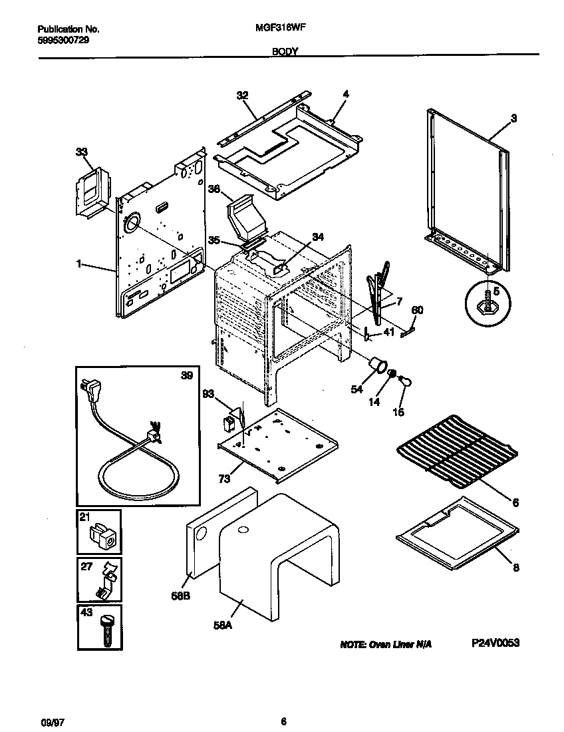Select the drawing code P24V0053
coord(495,643)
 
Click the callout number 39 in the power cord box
coord(187,375)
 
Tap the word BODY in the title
coord(284,51)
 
